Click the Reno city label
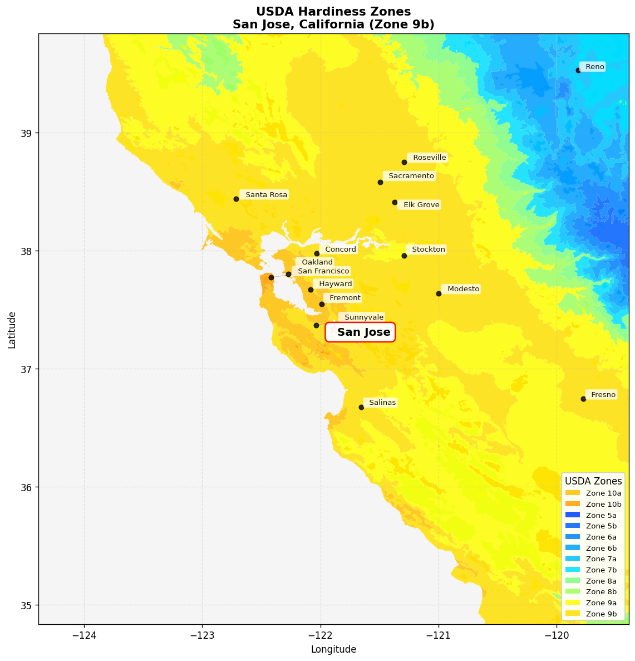point(594,67)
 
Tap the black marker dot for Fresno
point(583,399)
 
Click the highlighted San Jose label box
point(361,332)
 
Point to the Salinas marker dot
point(361,407)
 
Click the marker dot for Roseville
point(404,162)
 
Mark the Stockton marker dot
point(404,256)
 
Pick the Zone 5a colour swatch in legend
point(572,515)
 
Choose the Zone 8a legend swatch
point(572,581)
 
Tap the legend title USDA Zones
point(593,481)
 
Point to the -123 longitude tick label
point(202,635)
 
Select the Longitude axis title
point(333,649)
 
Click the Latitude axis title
point(12,330)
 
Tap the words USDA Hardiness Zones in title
point(333,12)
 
